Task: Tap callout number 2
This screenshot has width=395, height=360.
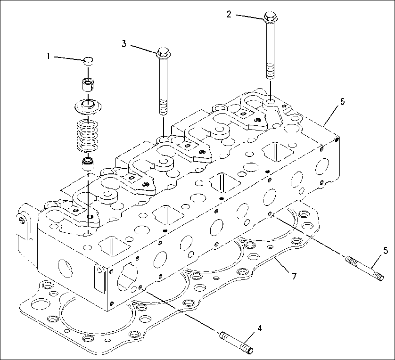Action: pos(229,15)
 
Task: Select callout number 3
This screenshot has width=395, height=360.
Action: pos(124,44)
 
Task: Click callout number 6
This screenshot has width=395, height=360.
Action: pos(342,101)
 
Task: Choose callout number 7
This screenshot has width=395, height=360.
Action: pos(294,276)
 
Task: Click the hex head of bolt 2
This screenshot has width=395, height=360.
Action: pos(271,17)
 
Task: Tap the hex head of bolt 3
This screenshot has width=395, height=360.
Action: pos(162,52)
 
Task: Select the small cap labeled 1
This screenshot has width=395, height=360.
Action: pos(88,60)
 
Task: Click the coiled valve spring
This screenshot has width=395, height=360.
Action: pos(88,134)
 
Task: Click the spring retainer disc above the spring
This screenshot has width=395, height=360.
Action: pos(88,106)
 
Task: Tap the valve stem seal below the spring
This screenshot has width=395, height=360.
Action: pos(88,164)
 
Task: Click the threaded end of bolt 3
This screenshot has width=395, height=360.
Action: pos(163,106)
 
